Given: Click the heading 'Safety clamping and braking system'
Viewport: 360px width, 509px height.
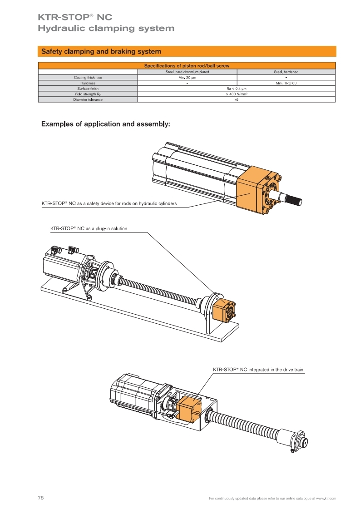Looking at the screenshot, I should pos(101,51).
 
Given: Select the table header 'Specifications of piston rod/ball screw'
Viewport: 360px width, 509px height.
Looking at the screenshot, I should pos(187,66).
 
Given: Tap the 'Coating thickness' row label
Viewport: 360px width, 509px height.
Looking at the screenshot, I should pos(88,78).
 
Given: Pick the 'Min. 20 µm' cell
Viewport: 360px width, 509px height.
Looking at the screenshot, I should pos(187,78).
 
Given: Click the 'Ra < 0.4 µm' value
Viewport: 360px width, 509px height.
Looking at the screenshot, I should pos(236,89).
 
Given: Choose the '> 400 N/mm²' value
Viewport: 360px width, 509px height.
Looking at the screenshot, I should pos(236,94).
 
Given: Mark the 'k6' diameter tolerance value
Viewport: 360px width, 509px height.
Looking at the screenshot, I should pos(236,99).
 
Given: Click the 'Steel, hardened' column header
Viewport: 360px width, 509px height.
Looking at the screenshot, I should pos(286,72).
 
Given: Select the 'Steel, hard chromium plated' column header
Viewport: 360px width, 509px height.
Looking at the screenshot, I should pos(187,72).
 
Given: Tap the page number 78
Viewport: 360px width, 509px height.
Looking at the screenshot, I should pos(40,498).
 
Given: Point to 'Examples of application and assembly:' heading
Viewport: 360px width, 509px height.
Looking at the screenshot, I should pos(105,124).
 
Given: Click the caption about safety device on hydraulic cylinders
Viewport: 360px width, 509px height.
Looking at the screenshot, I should pos(106,203).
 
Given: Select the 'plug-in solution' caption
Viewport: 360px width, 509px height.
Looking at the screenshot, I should pos(88,228).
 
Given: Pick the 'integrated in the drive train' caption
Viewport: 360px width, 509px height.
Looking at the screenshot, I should pos(258,370).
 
